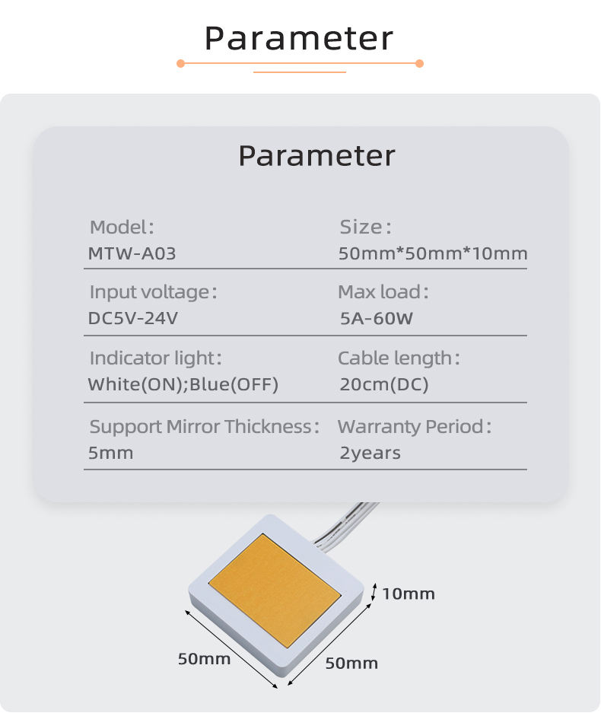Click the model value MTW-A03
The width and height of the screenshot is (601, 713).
(x=132, y=253)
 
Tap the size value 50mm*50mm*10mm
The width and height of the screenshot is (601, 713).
(x=433, y=253)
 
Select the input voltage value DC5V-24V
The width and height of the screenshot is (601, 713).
(x=133, y=318)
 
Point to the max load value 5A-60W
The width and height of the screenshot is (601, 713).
(x=377, y=318)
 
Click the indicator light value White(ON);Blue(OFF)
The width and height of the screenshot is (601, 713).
(x=183, y=384)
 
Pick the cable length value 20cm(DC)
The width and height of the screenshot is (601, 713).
(x=384, y=384)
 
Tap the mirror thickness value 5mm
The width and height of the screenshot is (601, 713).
(x=110, y=453)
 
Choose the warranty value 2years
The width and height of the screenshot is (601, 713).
(x=370, y=453)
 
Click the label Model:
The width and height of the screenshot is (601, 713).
(x=122, y=227)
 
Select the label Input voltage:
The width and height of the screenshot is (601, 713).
(x=153, y=292)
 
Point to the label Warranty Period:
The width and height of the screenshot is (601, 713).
(x=415, y=427)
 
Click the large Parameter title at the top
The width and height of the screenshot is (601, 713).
(x=299, y=38)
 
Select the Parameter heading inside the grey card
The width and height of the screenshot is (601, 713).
(x=316, y=156)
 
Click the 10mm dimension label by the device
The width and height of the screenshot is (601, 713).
(x=409, y=594)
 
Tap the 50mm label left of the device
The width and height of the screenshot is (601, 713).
(x=204, y=659)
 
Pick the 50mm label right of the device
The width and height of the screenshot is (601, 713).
(x=351, y=664)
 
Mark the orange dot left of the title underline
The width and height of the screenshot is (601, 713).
(x=180, y=64)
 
